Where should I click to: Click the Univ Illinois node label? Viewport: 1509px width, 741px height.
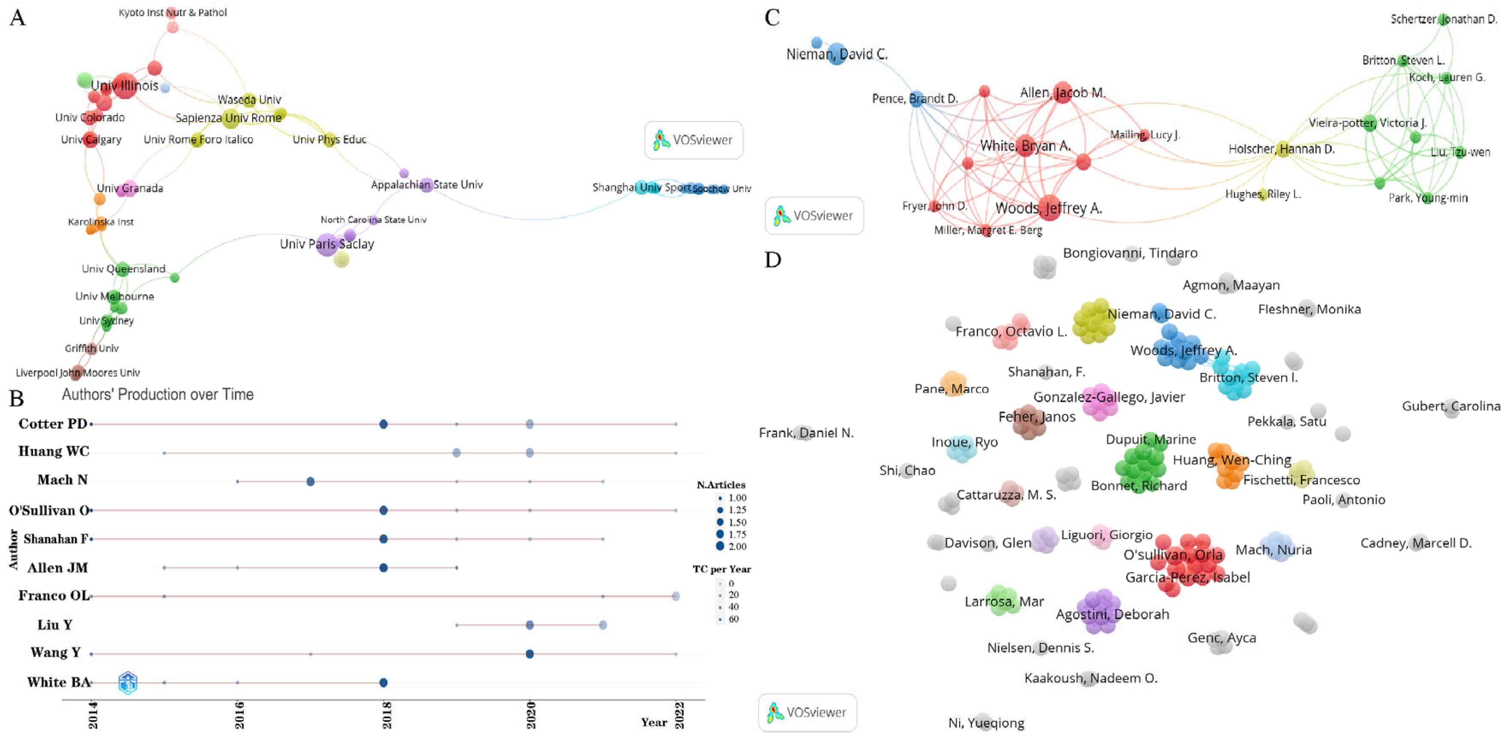pos(124,86)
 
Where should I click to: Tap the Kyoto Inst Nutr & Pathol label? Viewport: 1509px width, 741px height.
pos(172,12)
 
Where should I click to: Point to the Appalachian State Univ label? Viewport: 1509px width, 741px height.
pos(427,185)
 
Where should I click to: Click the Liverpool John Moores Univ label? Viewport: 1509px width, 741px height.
pos(77,373)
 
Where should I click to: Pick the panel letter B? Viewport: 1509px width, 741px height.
pos(16,399)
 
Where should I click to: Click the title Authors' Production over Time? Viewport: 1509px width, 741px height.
pos(158,394)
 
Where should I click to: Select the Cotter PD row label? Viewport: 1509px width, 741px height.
pos(53,423)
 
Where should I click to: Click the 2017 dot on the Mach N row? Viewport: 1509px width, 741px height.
pos(310,481)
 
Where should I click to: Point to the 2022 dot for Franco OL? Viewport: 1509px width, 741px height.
pos(675,596)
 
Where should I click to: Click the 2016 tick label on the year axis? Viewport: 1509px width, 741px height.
pos(239,715)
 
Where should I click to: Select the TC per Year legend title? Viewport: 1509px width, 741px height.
pos(721,569)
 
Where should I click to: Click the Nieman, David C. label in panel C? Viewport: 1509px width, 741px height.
pos(837,54)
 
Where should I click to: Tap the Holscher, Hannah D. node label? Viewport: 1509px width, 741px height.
pos(1281,149)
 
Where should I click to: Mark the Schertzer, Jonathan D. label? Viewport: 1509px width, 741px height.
pos(1444,19)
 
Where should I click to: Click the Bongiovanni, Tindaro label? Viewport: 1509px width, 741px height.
pos(1130,253)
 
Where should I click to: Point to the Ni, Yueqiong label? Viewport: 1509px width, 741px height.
pos(986,723)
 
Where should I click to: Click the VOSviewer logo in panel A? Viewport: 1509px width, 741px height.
pos(693,140)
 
